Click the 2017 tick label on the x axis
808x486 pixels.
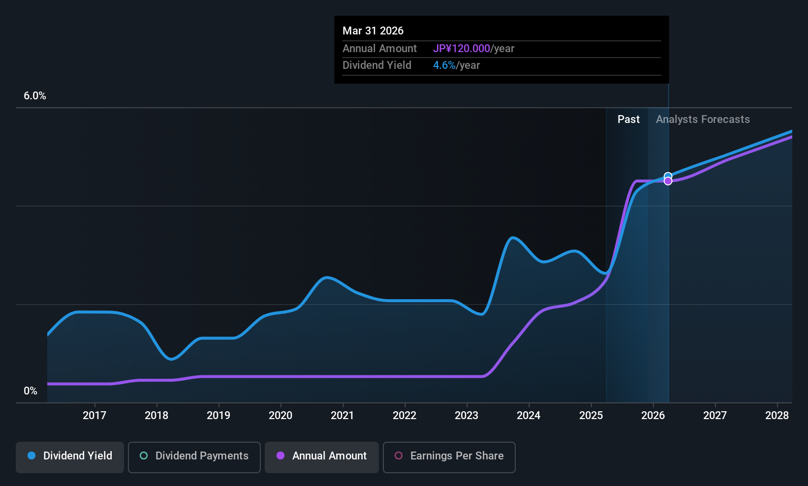(94, 416)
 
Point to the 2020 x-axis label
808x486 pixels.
(280, 416)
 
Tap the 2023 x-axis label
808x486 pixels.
(466, 416)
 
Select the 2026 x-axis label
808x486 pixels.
(653, 416)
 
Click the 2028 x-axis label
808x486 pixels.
(777, 416)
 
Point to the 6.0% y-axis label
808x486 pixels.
(35, 96)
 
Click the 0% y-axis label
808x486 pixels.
(31, 391)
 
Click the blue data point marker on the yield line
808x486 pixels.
(668, 176)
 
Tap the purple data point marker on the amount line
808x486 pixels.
(668, 182)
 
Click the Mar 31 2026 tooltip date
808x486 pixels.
(373, 31)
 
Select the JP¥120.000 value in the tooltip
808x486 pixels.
(461, 49)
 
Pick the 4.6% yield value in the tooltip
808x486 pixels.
(444, 65)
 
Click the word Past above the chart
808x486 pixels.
(628, 120)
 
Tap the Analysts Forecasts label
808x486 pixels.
(703, 120)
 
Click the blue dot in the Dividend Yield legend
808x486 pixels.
(31, 456)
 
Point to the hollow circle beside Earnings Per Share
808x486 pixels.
(399, 456)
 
